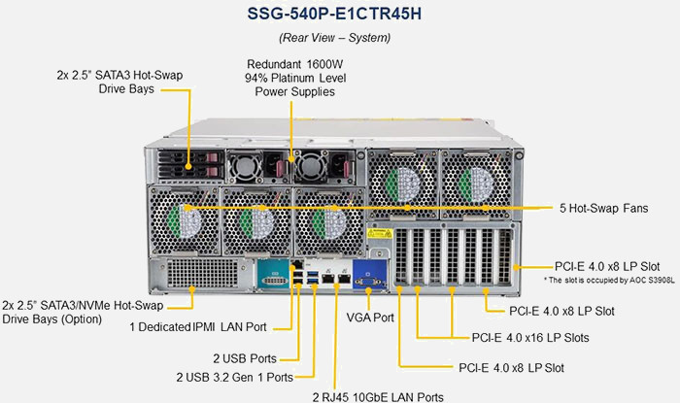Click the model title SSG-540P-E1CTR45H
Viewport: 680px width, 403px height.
[x=334, y=14]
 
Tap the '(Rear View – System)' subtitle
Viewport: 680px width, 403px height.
[x=334, y=38]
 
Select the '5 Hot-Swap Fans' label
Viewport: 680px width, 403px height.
[x=603, y=208]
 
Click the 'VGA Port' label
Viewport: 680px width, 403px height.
[x=370, y=318]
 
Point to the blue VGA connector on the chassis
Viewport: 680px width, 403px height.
[x=369, y=274]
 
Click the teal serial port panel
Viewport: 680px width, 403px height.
[x=273, y=274]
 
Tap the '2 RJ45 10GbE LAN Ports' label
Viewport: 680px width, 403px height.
[x=378, y=397]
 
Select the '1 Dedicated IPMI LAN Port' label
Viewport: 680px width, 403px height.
[x=198, y=326]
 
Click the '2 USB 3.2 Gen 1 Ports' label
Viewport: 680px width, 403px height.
[x=235, y=377]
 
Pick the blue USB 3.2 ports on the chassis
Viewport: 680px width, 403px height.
[x=313, y=278]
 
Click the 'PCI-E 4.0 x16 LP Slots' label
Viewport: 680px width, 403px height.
[x=530, y=338]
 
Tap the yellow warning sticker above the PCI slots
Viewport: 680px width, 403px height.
[x=380, y=233]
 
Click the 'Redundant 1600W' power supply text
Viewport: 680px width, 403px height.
[x=295, y=64]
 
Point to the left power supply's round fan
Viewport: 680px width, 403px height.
[x=244, y=166]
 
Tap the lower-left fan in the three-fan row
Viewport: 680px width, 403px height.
[x=185, y=220]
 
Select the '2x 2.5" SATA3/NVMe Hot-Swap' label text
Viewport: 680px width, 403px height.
[x=83, y=306]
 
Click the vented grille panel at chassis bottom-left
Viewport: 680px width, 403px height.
[x=202, y=273]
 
